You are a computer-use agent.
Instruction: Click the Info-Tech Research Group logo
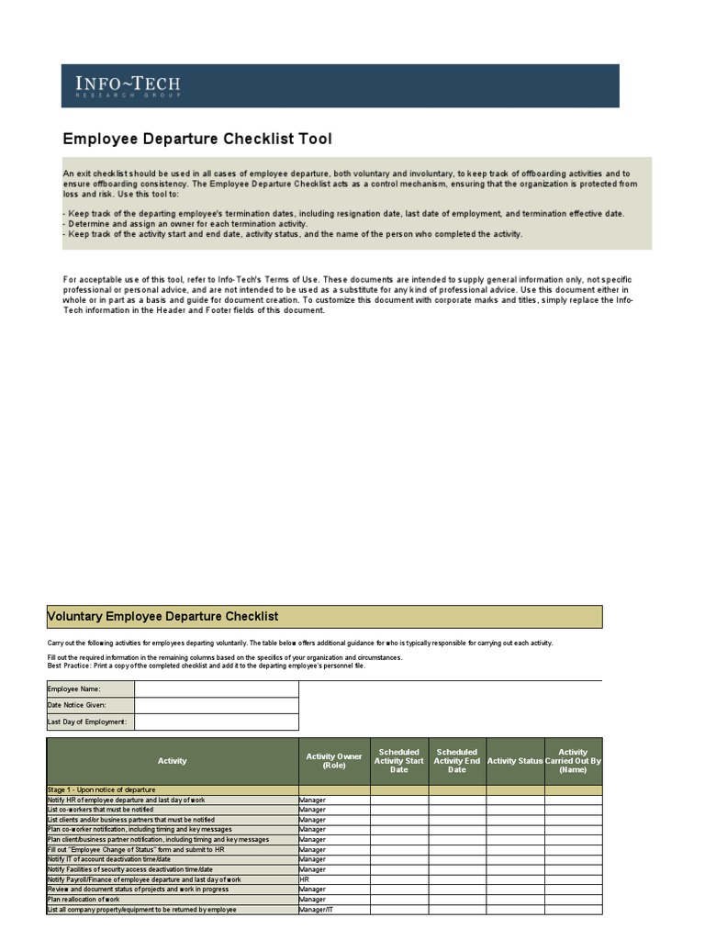pos(129,87)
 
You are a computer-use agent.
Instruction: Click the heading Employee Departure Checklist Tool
pos(197,140)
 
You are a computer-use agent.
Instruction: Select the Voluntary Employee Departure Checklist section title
pos(162,617)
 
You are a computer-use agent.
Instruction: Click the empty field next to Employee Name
pos(216,689)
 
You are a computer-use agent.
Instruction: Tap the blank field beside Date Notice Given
pos(216,705)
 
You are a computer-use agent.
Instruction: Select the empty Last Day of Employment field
pos(216,722)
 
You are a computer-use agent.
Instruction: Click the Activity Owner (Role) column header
pos(334,761)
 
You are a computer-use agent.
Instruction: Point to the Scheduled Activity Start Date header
pos(399,761)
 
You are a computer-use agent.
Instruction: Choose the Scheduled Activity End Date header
pos(457,761)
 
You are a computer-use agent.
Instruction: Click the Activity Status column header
pos(515,761)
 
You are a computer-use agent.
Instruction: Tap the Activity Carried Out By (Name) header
pos(573,761)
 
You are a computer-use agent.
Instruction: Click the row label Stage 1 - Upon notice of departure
pos(102,789)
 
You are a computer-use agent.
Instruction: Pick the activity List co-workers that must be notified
pos(101,810)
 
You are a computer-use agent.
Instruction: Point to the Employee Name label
pos(74,689)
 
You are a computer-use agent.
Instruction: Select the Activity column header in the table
pos(172,761)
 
